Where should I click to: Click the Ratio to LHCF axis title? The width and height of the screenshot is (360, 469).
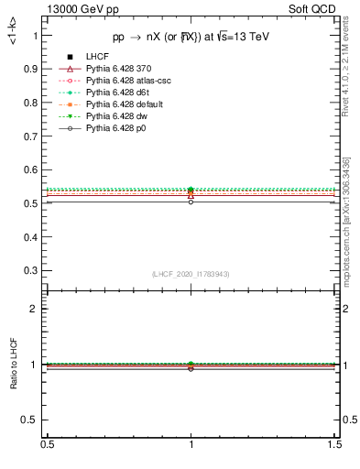pos(13,363)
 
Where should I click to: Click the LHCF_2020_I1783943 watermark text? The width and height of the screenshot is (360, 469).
pos(191,274)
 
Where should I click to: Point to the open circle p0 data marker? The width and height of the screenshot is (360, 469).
pos(191,202)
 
